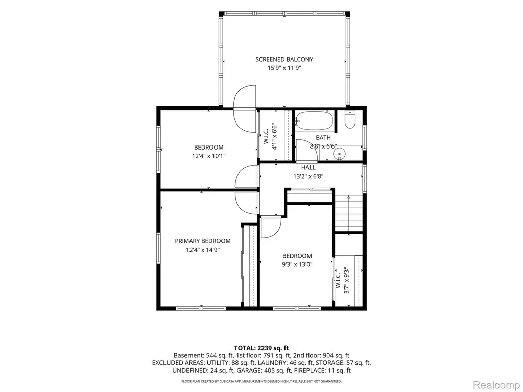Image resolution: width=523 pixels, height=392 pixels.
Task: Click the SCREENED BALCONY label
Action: point(284,59)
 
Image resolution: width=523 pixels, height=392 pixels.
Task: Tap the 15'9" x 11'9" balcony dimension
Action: point(284,68)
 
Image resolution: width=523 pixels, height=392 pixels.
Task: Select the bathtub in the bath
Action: point(315,120)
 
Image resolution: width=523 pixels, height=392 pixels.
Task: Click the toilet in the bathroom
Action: point(350,120)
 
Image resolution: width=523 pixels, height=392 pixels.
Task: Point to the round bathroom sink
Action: point(340,154)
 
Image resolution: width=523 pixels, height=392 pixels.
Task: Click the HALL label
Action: point(308,167)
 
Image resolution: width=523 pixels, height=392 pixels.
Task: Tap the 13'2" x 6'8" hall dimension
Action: point(308,176)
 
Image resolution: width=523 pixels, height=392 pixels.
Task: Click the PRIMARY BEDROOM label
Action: point(203,241)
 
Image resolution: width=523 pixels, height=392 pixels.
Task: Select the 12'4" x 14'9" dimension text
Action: point(203,250)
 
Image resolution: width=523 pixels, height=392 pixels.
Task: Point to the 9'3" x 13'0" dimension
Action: point(297,265)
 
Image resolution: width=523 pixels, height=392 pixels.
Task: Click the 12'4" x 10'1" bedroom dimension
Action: point(208,156)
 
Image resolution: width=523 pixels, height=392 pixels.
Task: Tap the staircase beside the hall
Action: point(348,213)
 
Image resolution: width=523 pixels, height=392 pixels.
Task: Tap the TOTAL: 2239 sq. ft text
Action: point(261,348)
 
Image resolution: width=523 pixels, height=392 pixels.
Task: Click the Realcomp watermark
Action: point(495,385)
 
